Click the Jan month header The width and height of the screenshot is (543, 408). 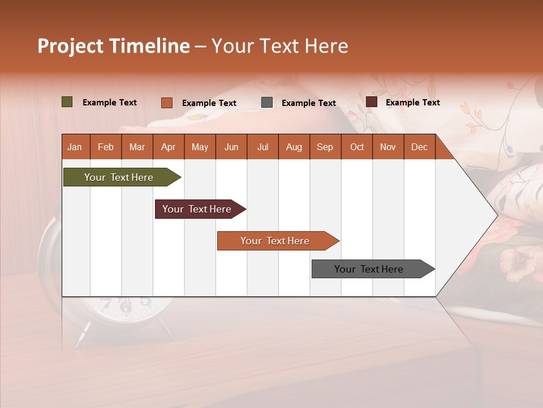[x=75, y=147]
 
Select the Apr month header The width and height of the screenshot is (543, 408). [x=169, y=147]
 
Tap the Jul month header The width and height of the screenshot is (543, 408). [x=262, y=147]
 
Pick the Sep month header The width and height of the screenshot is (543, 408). [x=325, y=147]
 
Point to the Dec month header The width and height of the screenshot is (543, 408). [x=419, y=147]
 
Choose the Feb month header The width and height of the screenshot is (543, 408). [x=106, y=147]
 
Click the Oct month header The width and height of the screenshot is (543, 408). [x=357, y=147]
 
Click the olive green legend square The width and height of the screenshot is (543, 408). [x=67, y=102]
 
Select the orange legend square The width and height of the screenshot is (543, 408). [x=167, y=103]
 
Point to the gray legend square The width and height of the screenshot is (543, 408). [x=267, y=103]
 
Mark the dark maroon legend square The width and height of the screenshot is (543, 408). [x=372, y=102]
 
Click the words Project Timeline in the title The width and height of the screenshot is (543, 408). [x=113, y=46]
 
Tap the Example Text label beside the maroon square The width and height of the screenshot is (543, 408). [x=412, y=103]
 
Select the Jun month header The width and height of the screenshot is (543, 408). [x=231, y=147]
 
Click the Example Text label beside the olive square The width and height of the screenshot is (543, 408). [x=110, y=103]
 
